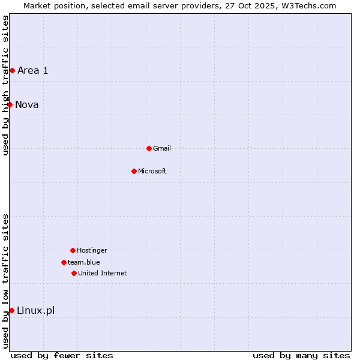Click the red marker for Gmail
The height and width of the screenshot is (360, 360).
coord(149,148)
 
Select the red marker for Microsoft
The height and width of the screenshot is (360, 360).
coord(134,171)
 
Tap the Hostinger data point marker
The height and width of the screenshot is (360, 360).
coord(73,250)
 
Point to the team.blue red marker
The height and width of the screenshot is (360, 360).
coord(64,262)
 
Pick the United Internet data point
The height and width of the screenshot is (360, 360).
coord(74,273)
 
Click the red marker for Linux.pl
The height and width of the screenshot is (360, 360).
coord(11,310)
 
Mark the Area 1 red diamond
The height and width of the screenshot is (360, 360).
coord(12,70)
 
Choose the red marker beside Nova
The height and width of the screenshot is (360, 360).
coord(10,104)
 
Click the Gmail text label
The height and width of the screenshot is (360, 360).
coord(162,148)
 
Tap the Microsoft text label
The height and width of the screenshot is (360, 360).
coord(152,171)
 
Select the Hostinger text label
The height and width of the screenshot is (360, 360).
coord(92,250)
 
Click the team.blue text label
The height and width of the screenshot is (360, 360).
coord(84,262)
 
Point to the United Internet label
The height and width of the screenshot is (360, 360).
coord(103,273)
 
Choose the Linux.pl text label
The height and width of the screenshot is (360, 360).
coord(35,310)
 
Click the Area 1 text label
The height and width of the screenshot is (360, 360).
coord(33,70)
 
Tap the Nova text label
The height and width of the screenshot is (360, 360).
coord(27,104)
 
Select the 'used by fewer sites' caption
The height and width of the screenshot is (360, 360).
coord(62,355)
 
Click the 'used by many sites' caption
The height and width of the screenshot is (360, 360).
coord(301,355)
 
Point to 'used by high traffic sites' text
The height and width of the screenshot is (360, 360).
coord(5,85)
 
